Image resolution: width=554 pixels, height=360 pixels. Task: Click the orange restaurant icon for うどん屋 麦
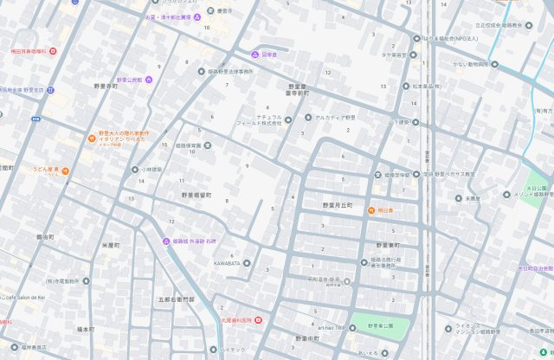point(65,170)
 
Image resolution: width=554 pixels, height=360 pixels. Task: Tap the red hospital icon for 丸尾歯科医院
point(257,321)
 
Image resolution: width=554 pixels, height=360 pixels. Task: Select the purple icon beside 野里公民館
point(148,80)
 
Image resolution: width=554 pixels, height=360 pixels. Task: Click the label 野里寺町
point(112,87)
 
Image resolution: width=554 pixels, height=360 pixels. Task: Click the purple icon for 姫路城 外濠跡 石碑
point(166,241)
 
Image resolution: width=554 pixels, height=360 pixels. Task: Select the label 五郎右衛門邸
point(177,299)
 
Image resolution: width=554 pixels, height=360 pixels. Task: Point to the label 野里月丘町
point(338,205)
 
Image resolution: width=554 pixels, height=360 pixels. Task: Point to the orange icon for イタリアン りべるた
point(91,138)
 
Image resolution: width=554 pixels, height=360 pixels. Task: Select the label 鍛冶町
point(45,235)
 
